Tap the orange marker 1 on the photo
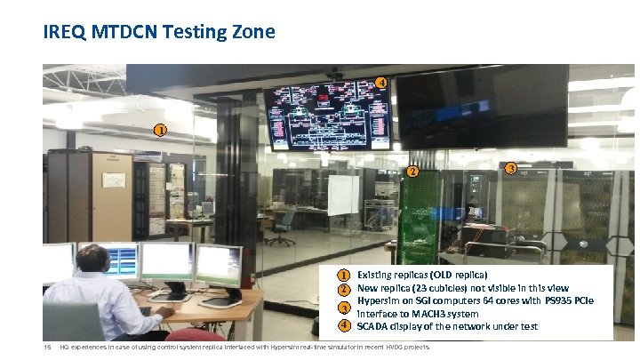(159, 131)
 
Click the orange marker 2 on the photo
(412, 172)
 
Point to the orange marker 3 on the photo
(510, 168)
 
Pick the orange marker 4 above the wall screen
(380, 83)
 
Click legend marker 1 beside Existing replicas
(342, 276)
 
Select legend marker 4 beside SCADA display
(342, 326)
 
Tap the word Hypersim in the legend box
(379, 301)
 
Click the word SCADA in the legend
(372, 326)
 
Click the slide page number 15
(48, 347)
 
